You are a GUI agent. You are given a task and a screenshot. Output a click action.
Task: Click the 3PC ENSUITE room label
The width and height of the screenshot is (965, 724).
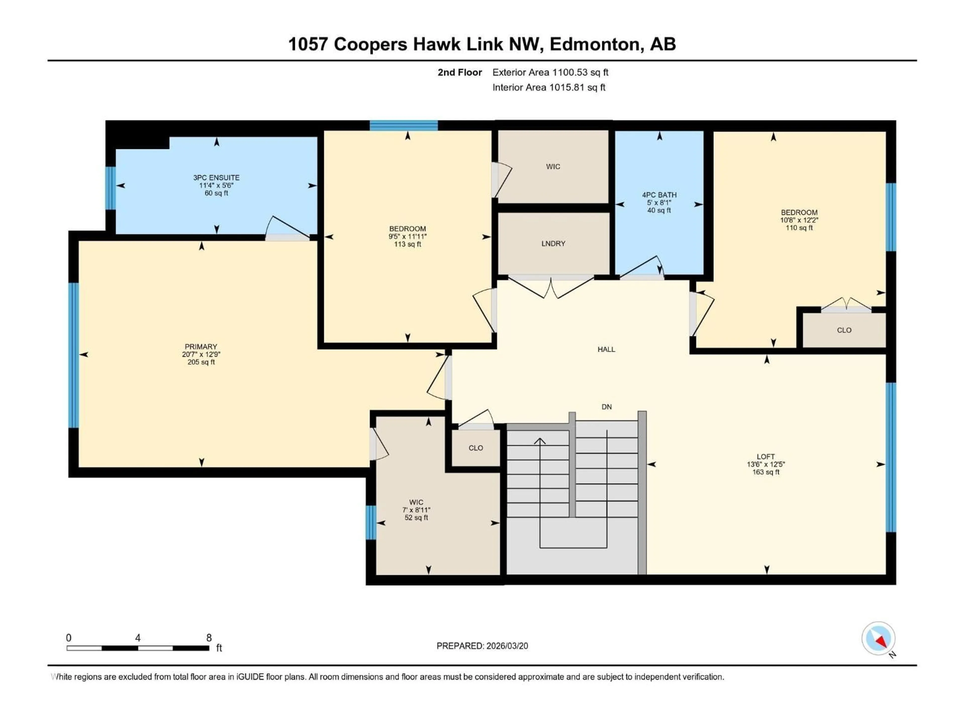click(x=216, y=178)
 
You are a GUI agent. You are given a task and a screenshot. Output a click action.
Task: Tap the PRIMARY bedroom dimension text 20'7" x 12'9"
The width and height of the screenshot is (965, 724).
click(x=201, y=354)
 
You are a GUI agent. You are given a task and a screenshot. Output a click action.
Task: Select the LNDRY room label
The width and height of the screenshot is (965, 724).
click(x=553, y=244)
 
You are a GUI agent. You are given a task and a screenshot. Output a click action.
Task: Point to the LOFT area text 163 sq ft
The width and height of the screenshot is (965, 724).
click(x=766, y=472)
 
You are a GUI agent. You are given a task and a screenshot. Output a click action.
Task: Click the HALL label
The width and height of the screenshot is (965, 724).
click(x=606, y=349)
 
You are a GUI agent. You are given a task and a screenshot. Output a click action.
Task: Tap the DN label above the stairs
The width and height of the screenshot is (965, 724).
click(x=606, y=407)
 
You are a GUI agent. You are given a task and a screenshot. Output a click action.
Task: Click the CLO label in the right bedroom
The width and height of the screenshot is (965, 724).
click(x=844, y=330)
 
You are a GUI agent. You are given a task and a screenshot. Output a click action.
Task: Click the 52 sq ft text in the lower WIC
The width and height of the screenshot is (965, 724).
click(x=416, y=518)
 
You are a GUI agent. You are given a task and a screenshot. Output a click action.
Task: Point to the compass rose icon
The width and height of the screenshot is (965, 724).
click(x=878, y=639)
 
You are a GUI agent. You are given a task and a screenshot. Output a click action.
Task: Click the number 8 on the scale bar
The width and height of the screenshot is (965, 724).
click(x=209, y=638)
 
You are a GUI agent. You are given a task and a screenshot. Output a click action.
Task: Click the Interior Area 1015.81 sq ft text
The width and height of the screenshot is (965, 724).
click(x=549, y=87)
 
